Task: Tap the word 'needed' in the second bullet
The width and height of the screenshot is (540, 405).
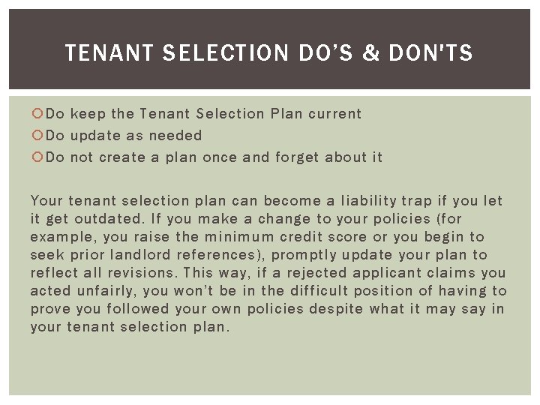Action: click(x=175, y=136)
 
